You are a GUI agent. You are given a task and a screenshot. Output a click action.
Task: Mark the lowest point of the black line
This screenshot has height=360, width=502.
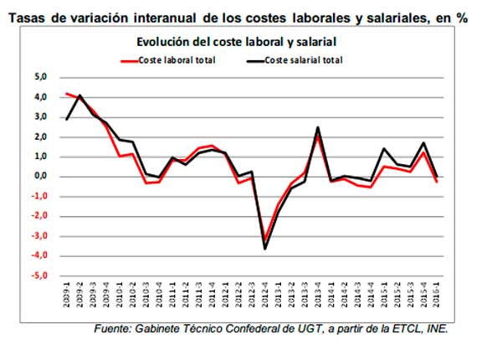click(x=265, y=248)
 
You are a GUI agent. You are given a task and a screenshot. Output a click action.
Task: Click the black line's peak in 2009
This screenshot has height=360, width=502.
click(x=79, y=95)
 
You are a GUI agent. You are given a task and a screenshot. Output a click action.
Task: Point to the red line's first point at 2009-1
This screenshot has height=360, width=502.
click(x=67, y=94)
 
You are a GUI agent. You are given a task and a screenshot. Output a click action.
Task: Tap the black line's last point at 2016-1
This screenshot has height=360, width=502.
click(x=438, y=176)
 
